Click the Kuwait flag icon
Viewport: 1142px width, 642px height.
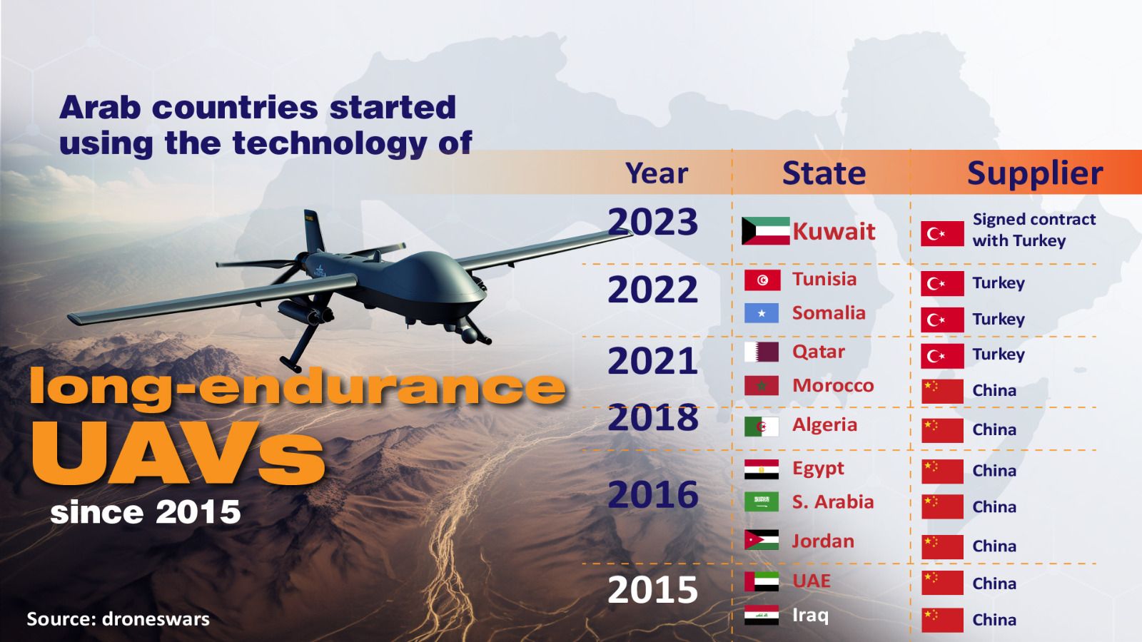[x=765, y=231]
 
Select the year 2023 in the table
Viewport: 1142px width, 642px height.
[x=652, y=222]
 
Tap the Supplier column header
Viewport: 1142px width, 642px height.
[x=1034, y=173]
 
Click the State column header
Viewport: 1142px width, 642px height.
[x=824, y=173]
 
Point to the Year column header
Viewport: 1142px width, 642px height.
[x=656, y=173]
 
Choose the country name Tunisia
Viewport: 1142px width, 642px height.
[x=824, y=279]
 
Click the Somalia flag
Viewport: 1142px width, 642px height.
[x=762, y=313]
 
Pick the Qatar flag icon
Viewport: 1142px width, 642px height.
[x=762, y=352]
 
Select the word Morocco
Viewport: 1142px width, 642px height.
[x=832, y=386]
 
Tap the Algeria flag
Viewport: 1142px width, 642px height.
[x=762, y=427]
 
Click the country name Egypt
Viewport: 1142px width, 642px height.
[x=818, y=469]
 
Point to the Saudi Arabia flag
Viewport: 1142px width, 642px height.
[x=762, y=502]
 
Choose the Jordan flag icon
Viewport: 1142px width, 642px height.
[x=762, y=540]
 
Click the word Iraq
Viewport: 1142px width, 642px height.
[x=810, y=615]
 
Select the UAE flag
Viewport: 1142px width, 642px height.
[x=762, y=581]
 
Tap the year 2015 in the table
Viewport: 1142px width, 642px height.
[x=652, y=590]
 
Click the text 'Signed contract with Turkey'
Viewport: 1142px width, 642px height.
[x=1034, y=230]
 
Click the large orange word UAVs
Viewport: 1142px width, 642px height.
[x=178, y=453]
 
